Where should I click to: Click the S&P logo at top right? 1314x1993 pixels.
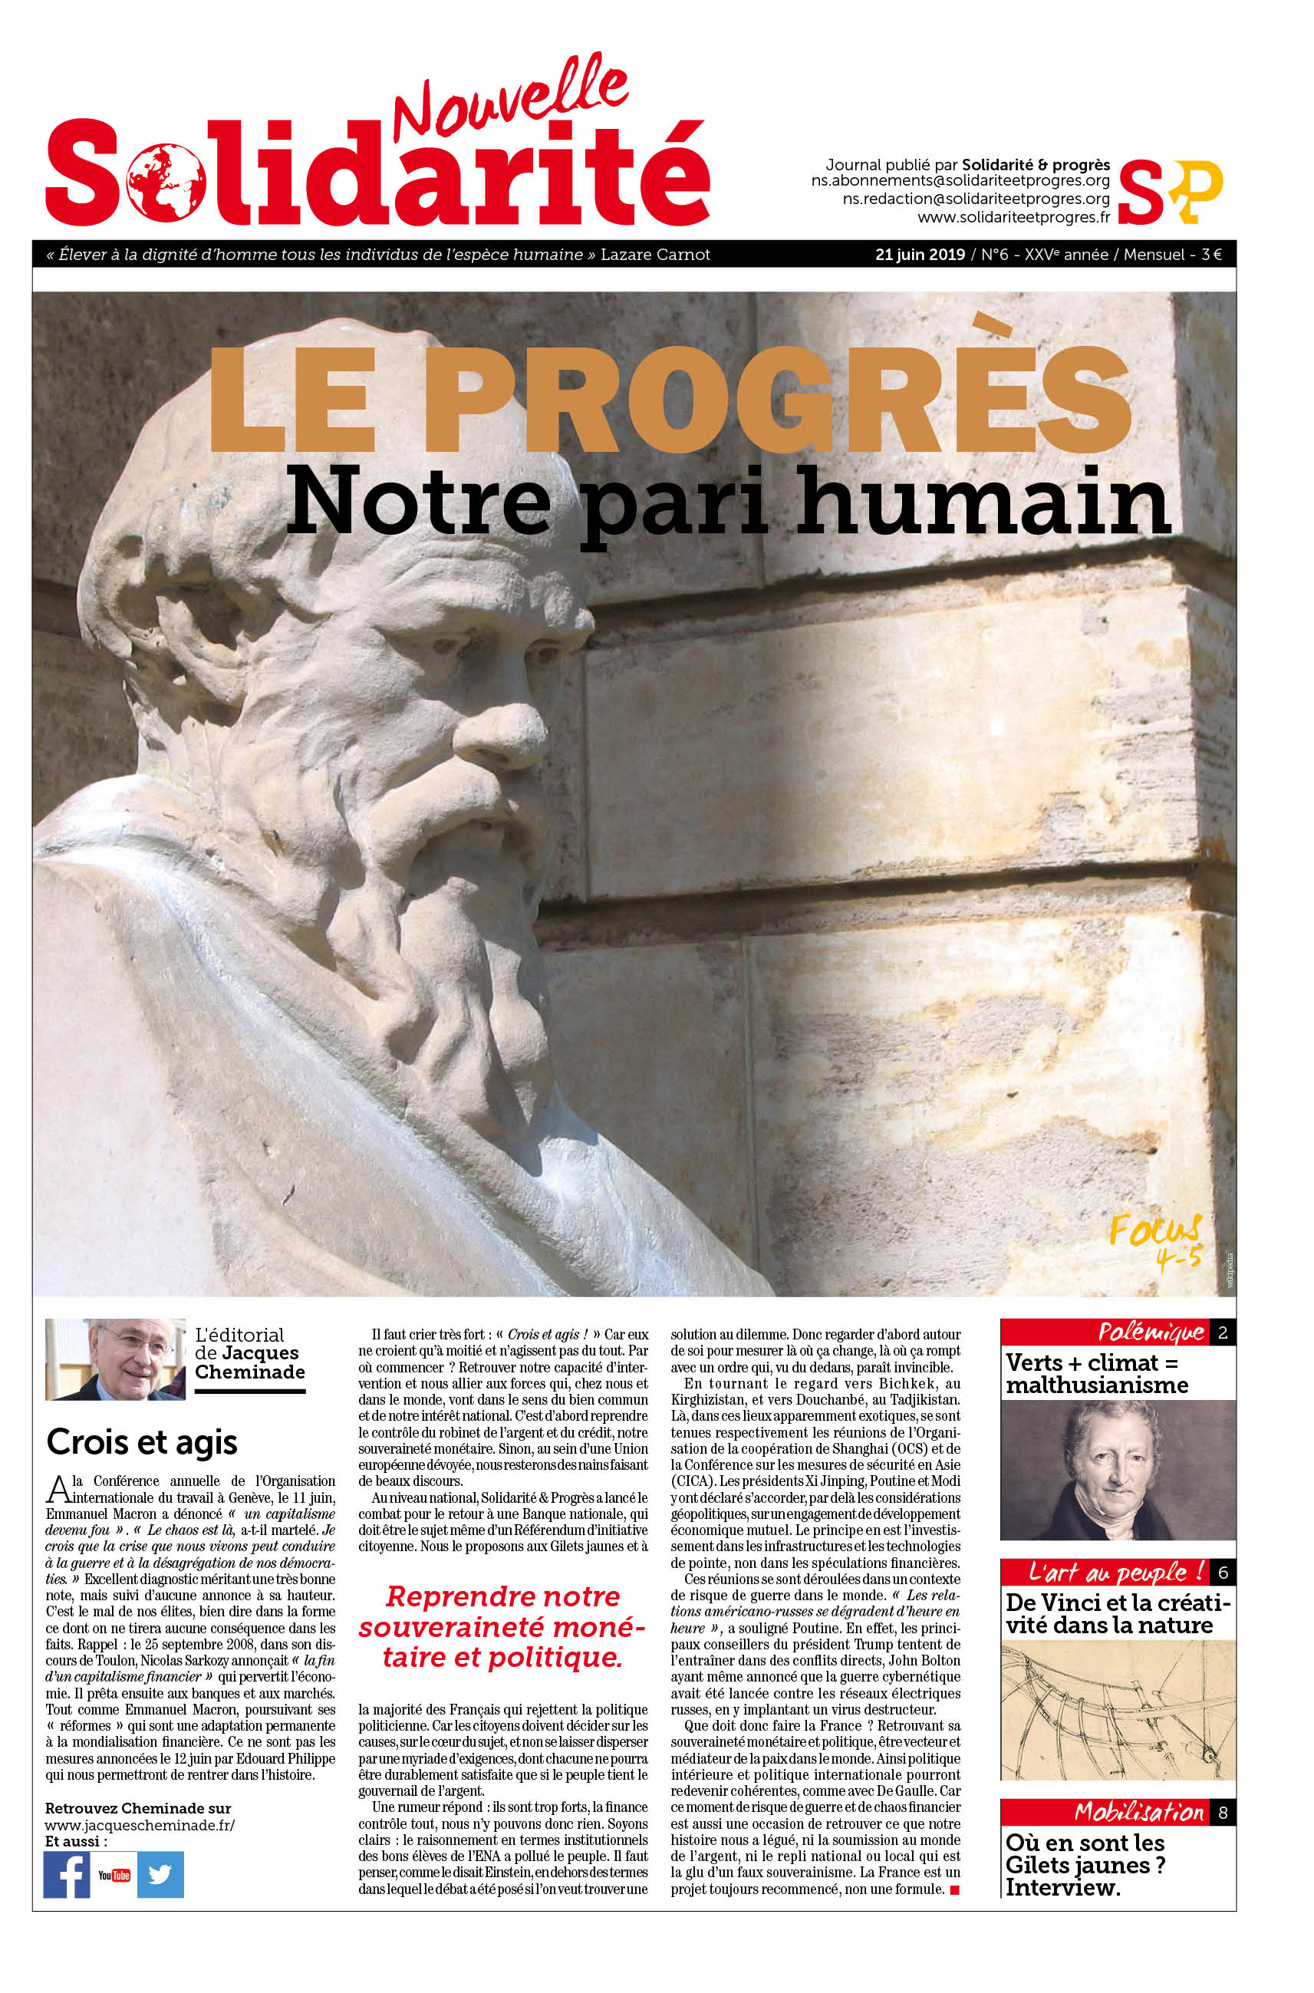[x=1169, y=192]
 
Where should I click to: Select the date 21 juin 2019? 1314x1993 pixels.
[x=919, y=255]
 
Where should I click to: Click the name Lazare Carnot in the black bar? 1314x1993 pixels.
[x=654, y=255]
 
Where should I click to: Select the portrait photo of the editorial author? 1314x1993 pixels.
[x=115, y=1359]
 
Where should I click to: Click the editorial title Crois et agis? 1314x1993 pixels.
[x=142, y=1441]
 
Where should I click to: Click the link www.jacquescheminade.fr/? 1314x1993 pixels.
[x=139, y=1824]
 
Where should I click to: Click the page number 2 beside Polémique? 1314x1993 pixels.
[x=1222, y=1333]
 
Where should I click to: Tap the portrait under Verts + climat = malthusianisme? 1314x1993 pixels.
[x=1117, y=1470]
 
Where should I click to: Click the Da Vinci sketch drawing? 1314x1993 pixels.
[x=1117, y=1710]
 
